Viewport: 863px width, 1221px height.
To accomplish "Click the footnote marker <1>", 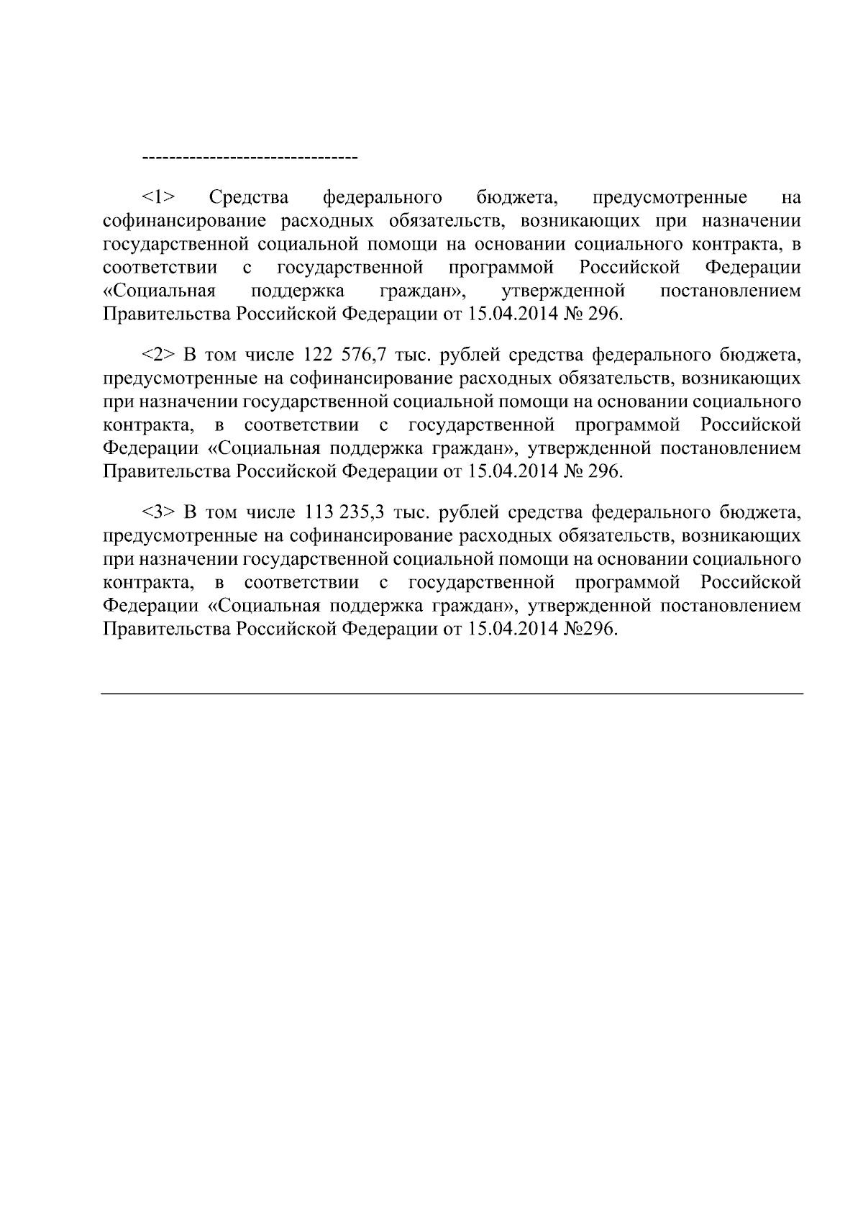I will [160, 197].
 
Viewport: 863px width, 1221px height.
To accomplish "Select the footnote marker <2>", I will [160, 355].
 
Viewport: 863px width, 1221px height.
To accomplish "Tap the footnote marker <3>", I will [160, 512].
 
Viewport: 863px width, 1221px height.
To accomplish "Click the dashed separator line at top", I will [250, 157].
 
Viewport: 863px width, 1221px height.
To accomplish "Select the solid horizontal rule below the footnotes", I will [452, 694].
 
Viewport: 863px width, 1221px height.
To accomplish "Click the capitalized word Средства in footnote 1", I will [248, 197].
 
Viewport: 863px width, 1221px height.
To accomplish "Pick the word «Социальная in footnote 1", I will [159, 291].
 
